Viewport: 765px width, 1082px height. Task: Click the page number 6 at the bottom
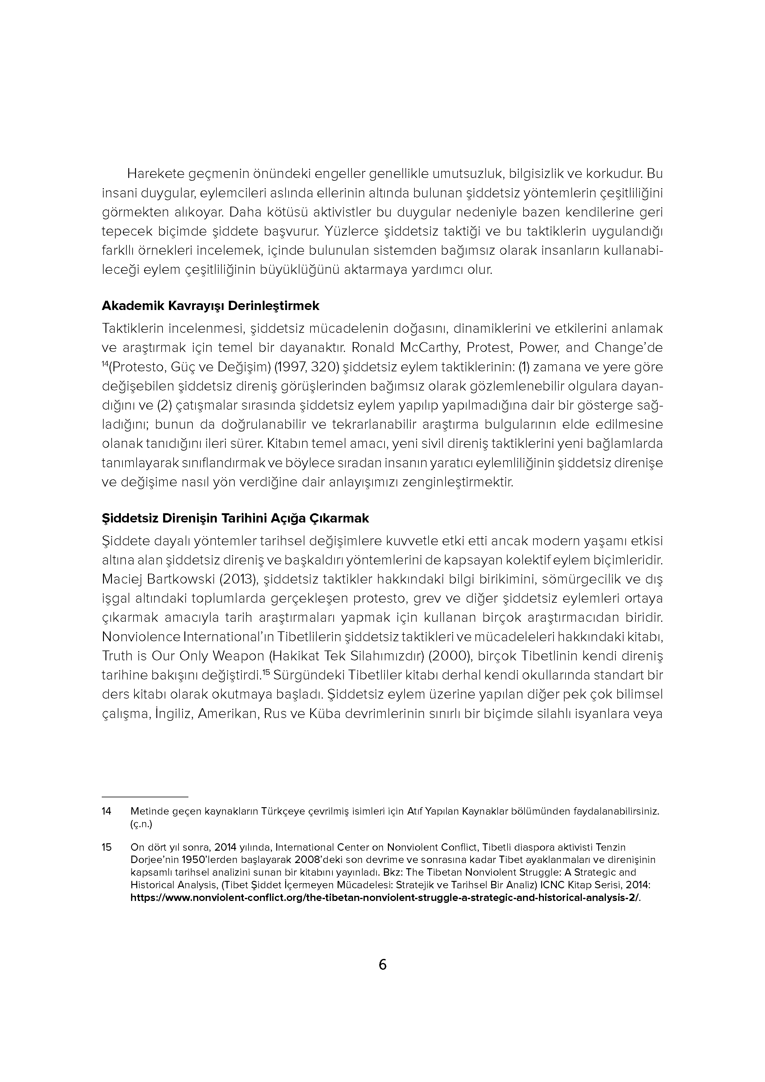coord(382,964)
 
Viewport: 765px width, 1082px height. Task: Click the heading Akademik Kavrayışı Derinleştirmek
coord(211,306)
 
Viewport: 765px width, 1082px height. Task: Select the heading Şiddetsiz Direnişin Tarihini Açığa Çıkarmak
coord(235,518)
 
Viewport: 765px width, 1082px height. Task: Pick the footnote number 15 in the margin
coord(106,847)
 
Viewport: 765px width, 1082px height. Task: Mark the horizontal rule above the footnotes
coord(145,796)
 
